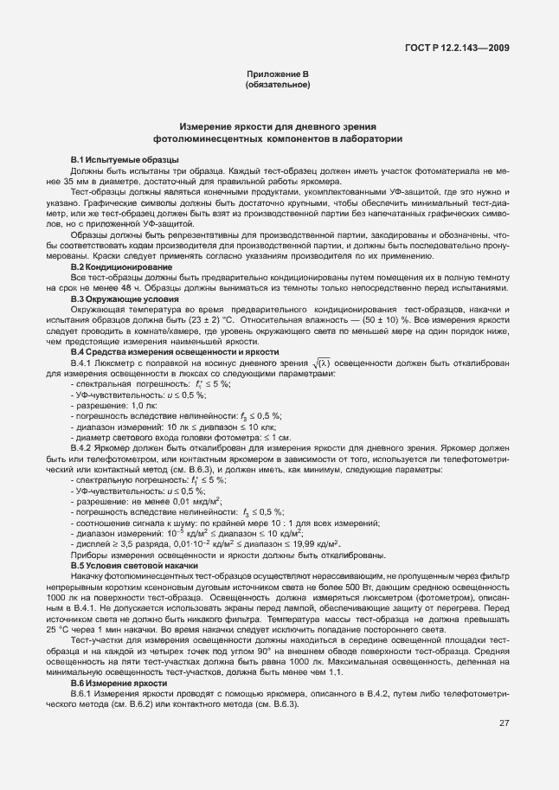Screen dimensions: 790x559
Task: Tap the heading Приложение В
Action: pos(278,75)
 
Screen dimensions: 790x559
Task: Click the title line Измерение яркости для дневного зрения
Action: pos(278,126)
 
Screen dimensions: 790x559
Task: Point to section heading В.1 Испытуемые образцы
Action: pos(112,161)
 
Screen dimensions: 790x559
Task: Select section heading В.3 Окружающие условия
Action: pos(112,299)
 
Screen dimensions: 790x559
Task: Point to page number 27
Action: pos(503,747)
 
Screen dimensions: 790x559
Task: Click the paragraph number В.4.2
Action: pos(84,447)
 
